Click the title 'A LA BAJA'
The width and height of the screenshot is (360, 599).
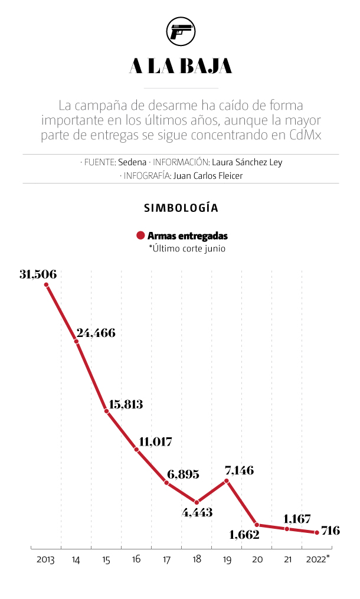181,67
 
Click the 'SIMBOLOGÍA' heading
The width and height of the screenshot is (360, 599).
181,208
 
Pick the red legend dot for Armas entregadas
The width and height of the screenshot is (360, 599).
140,235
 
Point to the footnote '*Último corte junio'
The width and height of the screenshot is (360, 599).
187,248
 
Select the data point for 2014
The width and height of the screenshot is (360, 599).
77,341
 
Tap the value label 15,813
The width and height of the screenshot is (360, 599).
126,404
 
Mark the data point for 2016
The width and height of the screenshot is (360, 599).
137,450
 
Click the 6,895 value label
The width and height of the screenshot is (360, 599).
183,474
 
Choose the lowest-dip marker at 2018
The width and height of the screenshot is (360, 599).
197,502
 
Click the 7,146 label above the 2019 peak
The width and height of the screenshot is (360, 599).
240,470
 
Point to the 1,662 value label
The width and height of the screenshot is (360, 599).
244,535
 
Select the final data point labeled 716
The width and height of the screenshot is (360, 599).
318,532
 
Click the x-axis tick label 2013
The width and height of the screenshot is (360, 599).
45,559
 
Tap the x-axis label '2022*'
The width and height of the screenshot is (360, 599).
318,559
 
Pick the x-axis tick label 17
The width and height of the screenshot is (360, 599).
166,559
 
